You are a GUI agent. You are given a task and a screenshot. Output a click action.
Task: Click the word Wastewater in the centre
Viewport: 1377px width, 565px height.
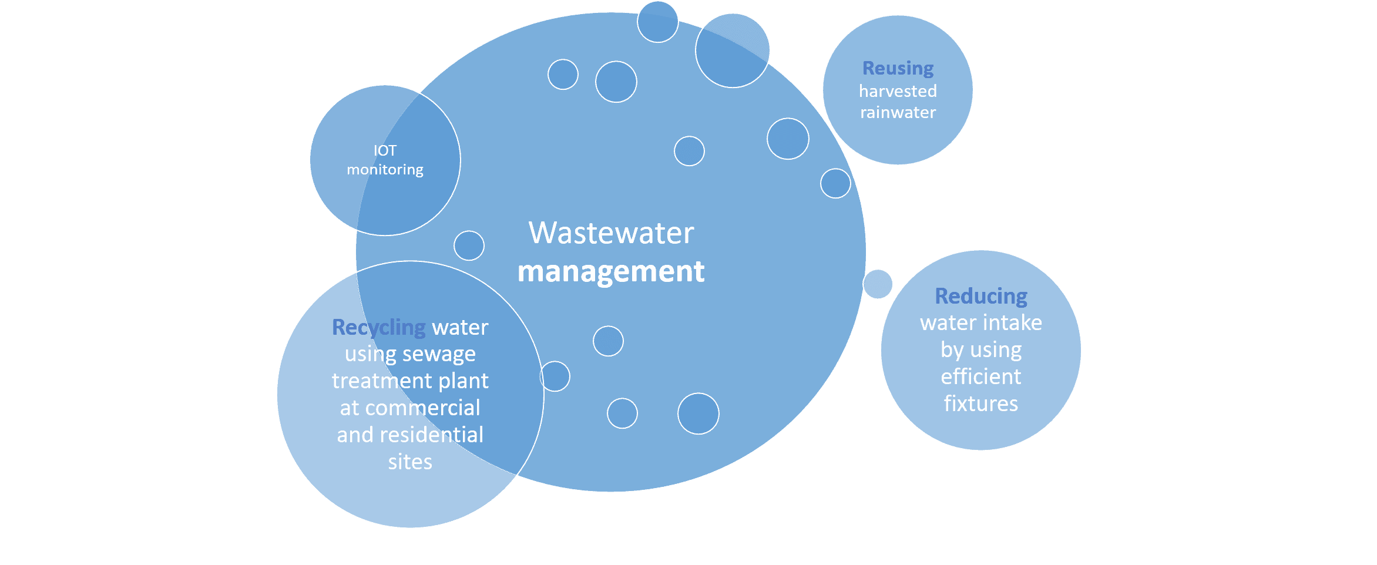tap(611, 233)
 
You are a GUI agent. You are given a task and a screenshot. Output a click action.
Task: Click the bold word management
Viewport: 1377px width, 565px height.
tap(611, 272)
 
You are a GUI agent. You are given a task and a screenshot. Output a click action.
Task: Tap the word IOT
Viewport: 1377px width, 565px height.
tap(385, 151)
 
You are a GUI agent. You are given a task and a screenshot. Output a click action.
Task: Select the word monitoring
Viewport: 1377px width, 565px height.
tap(385, 170)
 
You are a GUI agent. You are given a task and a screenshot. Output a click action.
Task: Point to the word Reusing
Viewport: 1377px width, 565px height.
tap(898, 68)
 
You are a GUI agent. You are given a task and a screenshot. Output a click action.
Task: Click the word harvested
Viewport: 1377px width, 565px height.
tap(898, 91)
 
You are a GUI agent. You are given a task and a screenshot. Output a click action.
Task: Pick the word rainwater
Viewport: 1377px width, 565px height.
tap(898, 112)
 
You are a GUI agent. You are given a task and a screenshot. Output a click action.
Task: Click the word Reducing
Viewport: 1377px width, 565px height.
tap(981, 296)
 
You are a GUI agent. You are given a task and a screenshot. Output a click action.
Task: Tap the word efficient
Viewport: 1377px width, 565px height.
tap(981, 376)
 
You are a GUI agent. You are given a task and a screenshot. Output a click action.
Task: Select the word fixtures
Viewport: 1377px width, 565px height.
tap(981, 403)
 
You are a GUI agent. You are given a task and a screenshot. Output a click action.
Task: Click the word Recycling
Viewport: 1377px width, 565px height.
tap(379, 327)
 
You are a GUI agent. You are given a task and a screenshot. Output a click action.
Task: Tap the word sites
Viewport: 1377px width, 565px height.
tap(410, 462)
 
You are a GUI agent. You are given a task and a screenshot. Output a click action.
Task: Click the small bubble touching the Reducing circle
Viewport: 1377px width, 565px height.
tap(878, 284)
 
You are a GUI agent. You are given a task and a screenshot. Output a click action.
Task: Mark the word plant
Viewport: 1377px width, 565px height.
tap(464, 381)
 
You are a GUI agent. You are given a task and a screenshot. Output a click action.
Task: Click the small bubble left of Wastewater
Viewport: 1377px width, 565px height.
tap(469, 245)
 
